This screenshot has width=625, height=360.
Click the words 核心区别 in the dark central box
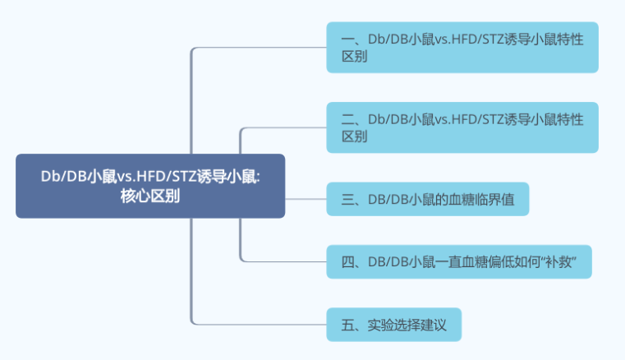(150, 195)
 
